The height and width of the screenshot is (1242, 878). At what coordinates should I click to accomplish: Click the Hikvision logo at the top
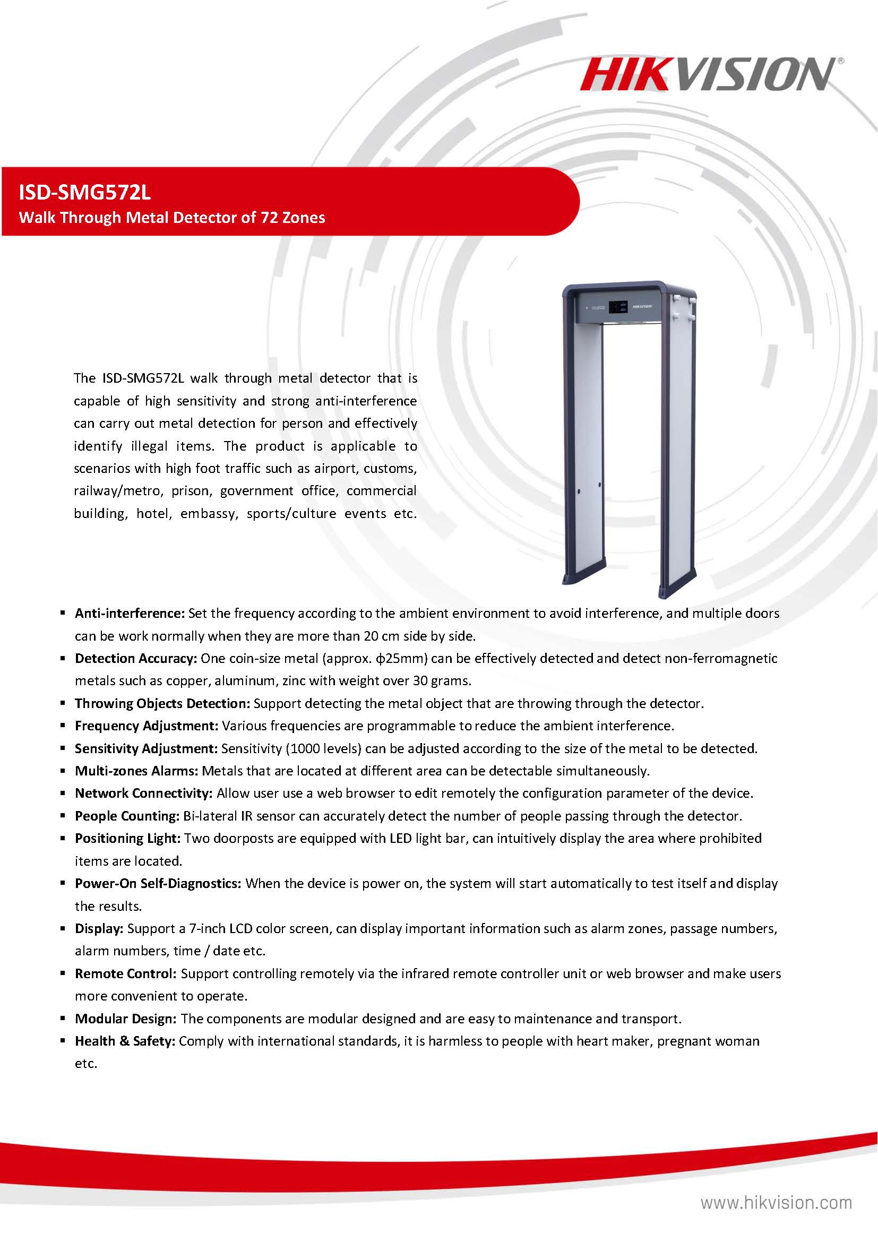pos(710,75)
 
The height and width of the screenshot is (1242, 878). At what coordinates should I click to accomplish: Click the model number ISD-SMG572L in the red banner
pos(85,192)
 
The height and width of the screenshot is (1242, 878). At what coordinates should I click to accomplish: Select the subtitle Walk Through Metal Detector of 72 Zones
pos(172,218)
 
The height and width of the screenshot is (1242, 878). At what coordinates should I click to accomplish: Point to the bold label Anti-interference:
pos(130,613)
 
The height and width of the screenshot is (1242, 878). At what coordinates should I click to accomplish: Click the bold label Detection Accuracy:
pos(136,658)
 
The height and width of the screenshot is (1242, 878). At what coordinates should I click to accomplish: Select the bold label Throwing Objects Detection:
pos(162,703)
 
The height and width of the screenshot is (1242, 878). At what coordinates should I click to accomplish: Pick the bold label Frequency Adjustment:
pos(146,726)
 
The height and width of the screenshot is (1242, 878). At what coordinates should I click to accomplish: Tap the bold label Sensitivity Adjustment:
pos(146,748)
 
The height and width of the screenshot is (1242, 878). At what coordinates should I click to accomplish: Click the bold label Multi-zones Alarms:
pos(137,771)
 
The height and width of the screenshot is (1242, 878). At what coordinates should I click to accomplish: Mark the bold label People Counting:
pos(127,816)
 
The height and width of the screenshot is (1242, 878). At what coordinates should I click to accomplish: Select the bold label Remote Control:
pos(125,973)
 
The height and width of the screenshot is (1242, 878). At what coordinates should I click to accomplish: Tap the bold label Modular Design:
pos(125,1019)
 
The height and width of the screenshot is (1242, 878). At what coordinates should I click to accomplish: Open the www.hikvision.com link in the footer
pos(776,1203)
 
